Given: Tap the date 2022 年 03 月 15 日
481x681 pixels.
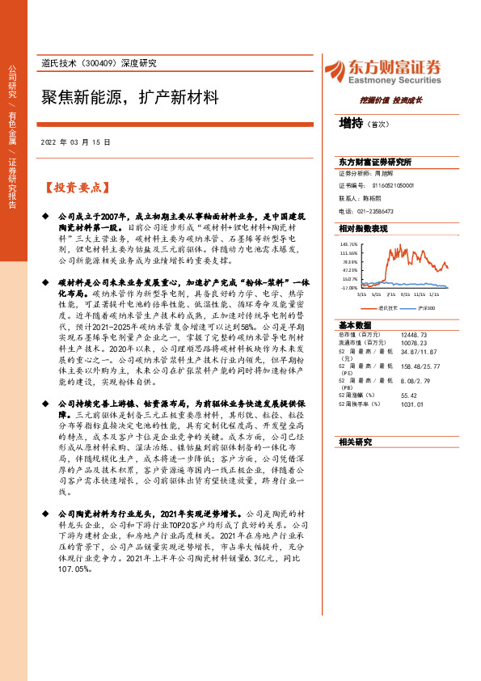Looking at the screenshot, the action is pyautogui.click(x=75, y=142).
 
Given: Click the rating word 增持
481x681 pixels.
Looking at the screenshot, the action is pyautogui.click(x=351, y=124).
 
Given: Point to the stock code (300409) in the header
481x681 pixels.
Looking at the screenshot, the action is pyautogui.click(x=103, y=63).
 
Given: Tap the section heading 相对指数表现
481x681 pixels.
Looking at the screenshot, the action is pyautogui.click(x=364, y=229).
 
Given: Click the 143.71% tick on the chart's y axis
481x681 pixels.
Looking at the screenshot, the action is pyautogui.click(x=348, y=243).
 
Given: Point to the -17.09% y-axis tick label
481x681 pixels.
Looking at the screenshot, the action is pyautogui.click(x=348, y=287).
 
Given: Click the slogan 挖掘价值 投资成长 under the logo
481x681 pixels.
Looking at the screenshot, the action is pyautogui.click(x=391, y=100).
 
